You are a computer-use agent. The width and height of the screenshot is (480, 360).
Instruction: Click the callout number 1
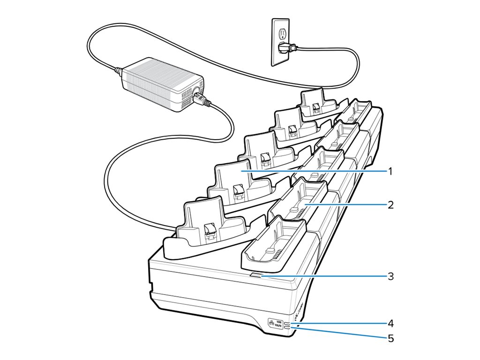tap(390, 171)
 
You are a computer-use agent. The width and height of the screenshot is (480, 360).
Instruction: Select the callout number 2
tap(390, 205)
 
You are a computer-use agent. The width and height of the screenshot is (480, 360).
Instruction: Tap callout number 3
tap(390, 276)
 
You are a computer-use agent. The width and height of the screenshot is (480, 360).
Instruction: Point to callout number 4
tap(390, 323)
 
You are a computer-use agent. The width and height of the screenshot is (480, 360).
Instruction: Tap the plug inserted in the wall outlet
tap(285, 47)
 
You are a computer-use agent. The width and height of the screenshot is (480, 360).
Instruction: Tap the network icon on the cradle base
tap(271, 323)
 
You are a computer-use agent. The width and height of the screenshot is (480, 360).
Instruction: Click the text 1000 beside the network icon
tap(279, 322)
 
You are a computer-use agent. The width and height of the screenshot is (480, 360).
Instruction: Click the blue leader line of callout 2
tap(347, 205)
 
